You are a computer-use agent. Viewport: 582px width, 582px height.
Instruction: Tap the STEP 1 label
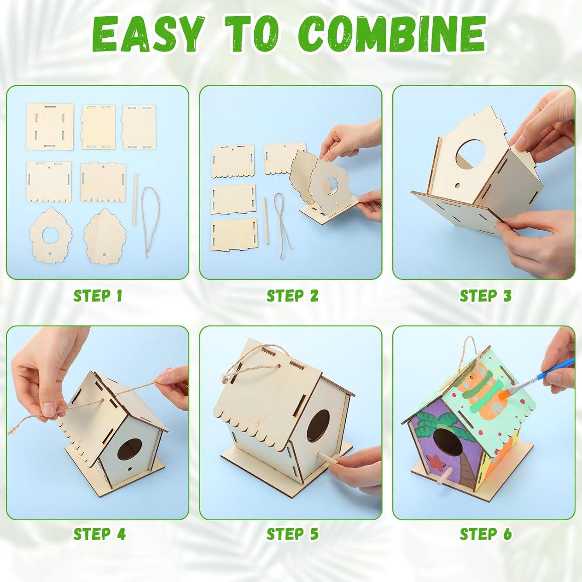coord(98,296)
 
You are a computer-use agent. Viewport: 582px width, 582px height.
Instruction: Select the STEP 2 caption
coord(292,296)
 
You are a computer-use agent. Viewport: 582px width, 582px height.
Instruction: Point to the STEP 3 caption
coord(485,296)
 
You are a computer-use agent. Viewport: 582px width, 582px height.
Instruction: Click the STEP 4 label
coord(99,534)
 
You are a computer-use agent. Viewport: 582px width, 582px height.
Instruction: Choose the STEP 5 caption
coord(292,534)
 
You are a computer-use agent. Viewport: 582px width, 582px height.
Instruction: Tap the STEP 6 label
coord(485,534)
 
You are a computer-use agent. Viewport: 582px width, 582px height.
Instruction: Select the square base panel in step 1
coord(50,127)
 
